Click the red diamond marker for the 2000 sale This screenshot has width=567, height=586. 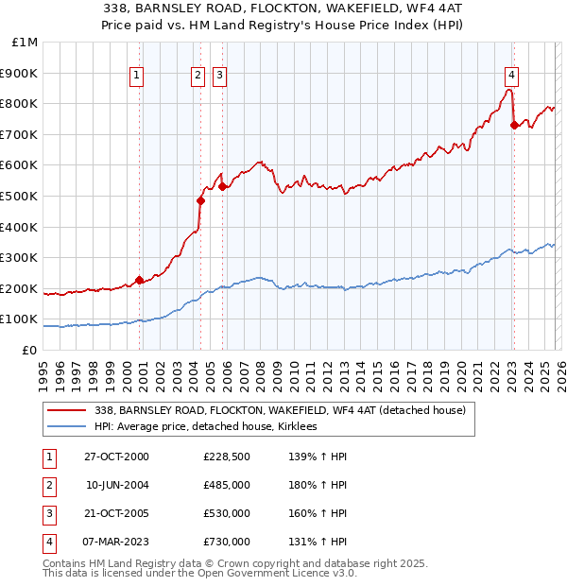point(139,280)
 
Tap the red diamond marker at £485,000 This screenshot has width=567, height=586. point(200,200)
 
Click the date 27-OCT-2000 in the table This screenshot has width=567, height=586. point(116,457)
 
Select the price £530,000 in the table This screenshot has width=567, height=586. point(227,515)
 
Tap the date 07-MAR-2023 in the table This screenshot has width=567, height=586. point(116,543)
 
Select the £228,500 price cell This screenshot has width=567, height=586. point(227,457)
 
